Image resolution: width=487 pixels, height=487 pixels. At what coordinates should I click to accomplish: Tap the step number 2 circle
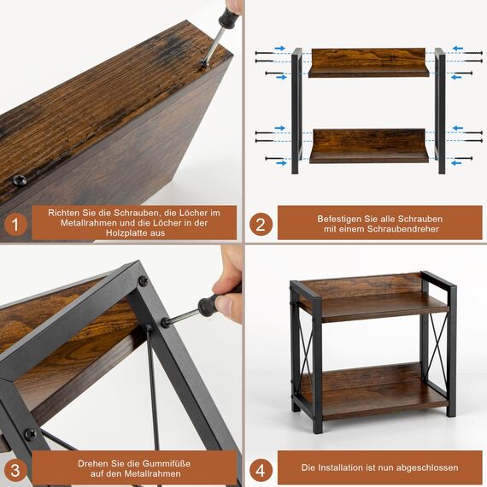pos(261,226)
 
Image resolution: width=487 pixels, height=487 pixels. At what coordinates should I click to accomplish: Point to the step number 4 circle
pos(261,468)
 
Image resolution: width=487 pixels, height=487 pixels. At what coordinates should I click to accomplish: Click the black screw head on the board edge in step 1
pos(19,180)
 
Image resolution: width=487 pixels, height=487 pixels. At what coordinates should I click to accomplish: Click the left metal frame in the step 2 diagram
pos(296,111)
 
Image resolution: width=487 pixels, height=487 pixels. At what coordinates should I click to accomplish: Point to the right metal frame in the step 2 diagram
pos(439,111)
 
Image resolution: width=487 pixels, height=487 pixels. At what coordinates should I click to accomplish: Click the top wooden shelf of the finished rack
pos(373,303)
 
